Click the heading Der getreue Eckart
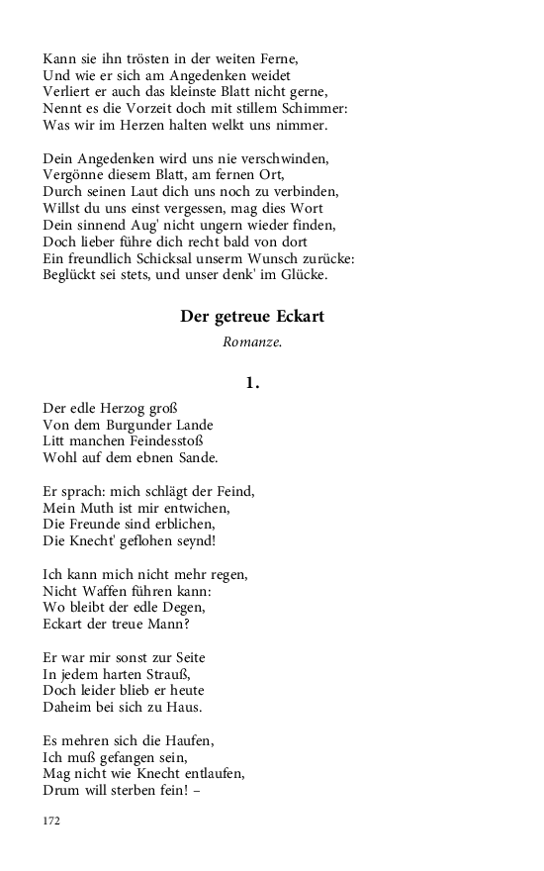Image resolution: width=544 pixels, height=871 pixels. pyautogui.click(x=252, y=317)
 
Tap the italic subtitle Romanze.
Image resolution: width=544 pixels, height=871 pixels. pyautogui.click(x=252, y=343)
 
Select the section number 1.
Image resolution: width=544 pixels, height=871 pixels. pyautogui.click(x=252, y=383)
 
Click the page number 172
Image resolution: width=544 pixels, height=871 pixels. pyautogui.click(x=52, y=821)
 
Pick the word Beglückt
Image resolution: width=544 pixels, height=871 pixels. pyautogui.click(x=72, y=274)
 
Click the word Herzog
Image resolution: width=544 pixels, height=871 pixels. pyautogui.click(x=133, y=407)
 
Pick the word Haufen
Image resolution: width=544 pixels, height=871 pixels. pyautogui.click(x=189, y=739)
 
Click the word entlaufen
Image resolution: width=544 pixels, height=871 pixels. pyautogui.click(x=210, y=773)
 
